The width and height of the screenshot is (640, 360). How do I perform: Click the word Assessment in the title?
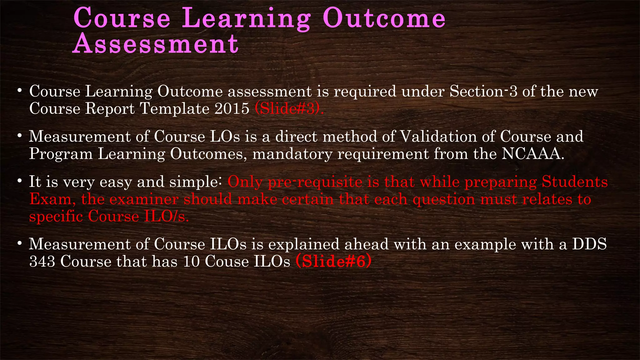point(156,44)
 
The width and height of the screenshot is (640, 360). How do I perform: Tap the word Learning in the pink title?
point(246,18)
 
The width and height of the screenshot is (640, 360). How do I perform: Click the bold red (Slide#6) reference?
point(333,261)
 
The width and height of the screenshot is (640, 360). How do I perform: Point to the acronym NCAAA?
point(532,154)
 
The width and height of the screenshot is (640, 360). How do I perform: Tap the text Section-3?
point(483,92)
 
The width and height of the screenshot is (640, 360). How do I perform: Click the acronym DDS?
point(589,244)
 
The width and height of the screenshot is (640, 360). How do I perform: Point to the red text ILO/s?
point(166,216)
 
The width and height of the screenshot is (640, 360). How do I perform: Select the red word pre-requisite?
point(315,182)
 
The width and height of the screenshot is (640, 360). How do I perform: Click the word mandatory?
point(292,154)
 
